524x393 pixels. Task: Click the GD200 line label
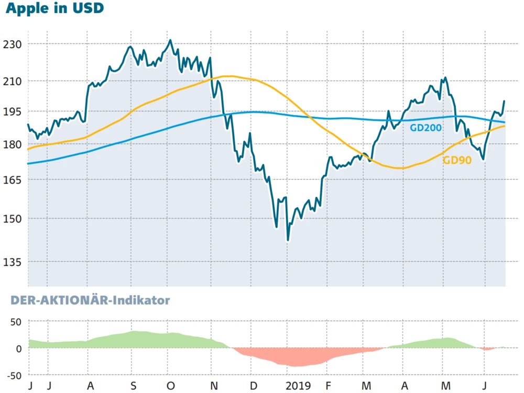[426, 127]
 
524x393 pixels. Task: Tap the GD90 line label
[457, 161]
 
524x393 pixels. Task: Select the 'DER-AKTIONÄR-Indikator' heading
[87, 300]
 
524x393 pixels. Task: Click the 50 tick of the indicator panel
[17, 321]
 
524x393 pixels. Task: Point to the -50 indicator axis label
[15, 375]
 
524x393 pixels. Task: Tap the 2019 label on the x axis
[298, 386]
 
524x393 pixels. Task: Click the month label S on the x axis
[133, 386]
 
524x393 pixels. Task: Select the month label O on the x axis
[171, 386]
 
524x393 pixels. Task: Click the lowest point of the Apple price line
[288, 240]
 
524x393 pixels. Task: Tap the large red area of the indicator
[293, 357]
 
